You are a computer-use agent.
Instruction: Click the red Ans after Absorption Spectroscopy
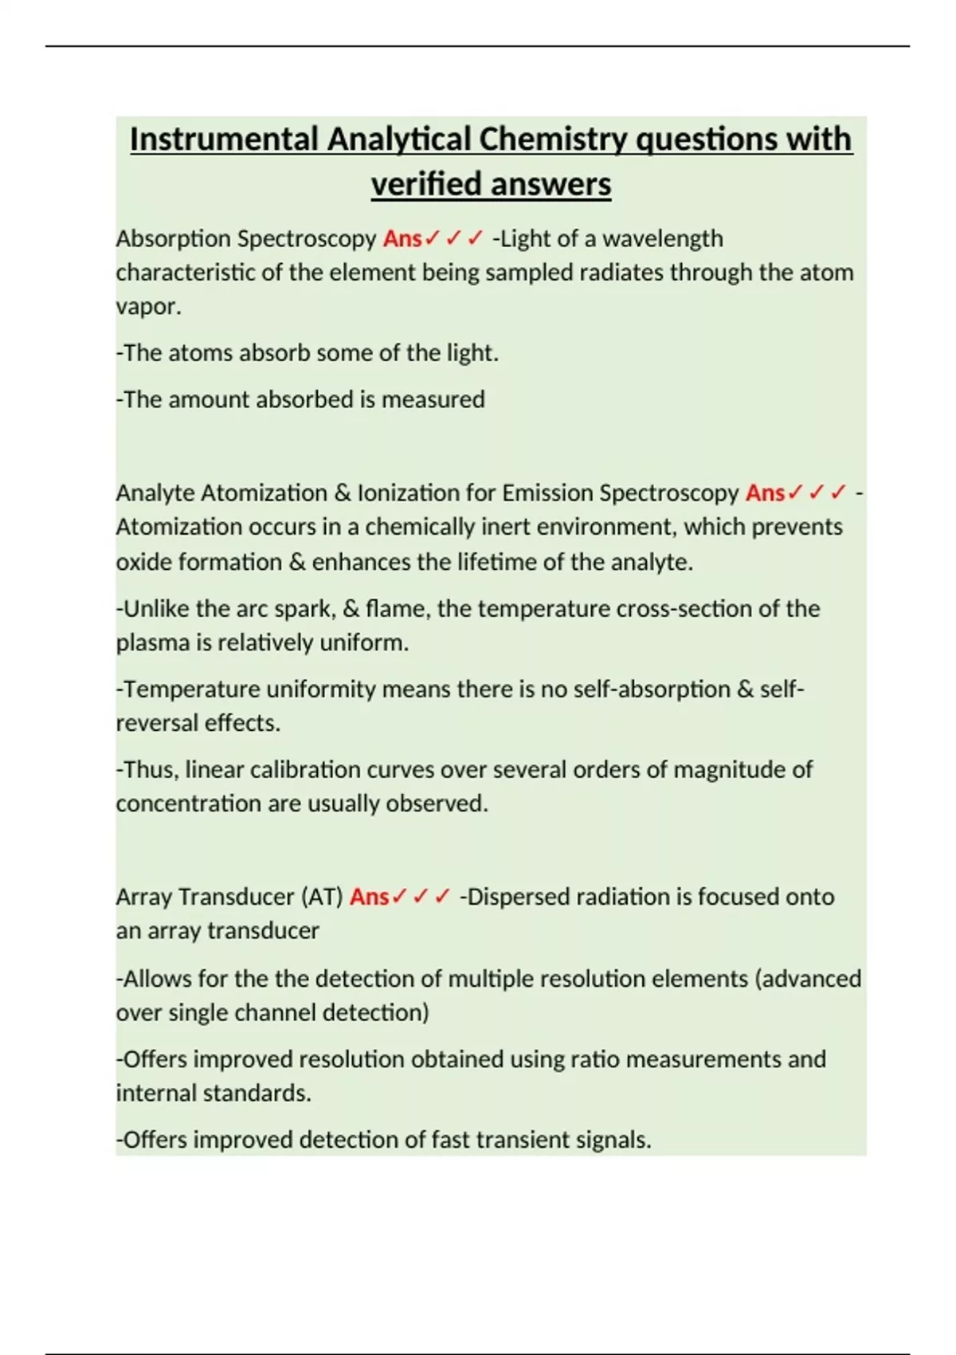pyautogui.click(x=402, y=238)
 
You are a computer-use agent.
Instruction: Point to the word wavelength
pyautogui.click(x=663, y=238)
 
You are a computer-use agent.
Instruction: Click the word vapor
pyautogui.click(x=147, y=307)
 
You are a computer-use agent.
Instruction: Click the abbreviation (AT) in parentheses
pyautogui.click(x=322, y=897)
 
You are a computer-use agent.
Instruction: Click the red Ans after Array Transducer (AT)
pyautogui.click(x=369, y=897)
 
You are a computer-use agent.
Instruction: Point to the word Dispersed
pyautogui.click(x=518, y=897)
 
